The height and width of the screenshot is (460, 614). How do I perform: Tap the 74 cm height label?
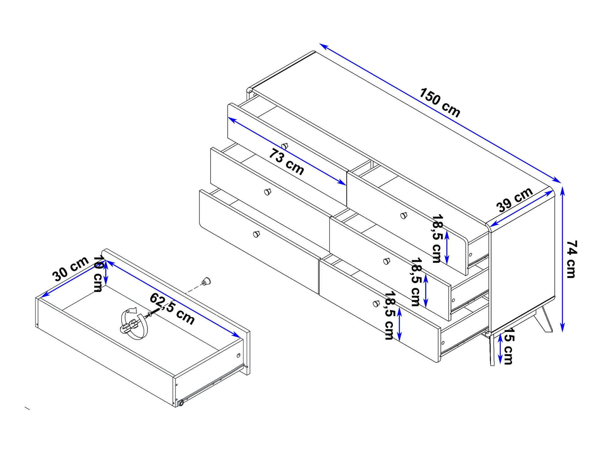pos(571,259)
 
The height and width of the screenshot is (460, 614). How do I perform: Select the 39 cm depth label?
pos(515,200)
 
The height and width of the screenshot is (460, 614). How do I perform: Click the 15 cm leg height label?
pos(508,346)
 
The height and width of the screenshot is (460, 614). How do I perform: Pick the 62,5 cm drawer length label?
pos(172,309)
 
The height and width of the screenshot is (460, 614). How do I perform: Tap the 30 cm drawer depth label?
pos(71,269)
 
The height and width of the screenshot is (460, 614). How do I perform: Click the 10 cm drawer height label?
pos(98,273)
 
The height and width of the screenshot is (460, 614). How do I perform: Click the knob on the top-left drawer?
pos(285,146)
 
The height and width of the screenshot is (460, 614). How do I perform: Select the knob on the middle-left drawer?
pos(268,192)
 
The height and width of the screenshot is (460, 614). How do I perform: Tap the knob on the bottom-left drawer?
pos(256,234)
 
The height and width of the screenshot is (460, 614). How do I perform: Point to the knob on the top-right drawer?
pos(404,215)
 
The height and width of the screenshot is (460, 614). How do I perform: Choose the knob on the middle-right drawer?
pos(387,261)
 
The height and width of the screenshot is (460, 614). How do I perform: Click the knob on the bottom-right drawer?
pos(376,303)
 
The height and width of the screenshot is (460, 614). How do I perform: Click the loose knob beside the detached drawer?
pos(206,281)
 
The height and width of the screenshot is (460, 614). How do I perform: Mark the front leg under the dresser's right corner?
pos(492,350)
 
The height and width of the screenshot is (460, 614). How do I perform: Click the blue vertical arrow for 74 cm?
pos(562,259)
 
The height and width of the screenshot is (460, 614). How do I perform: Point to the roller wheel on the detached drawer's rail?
pos(181,403)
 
